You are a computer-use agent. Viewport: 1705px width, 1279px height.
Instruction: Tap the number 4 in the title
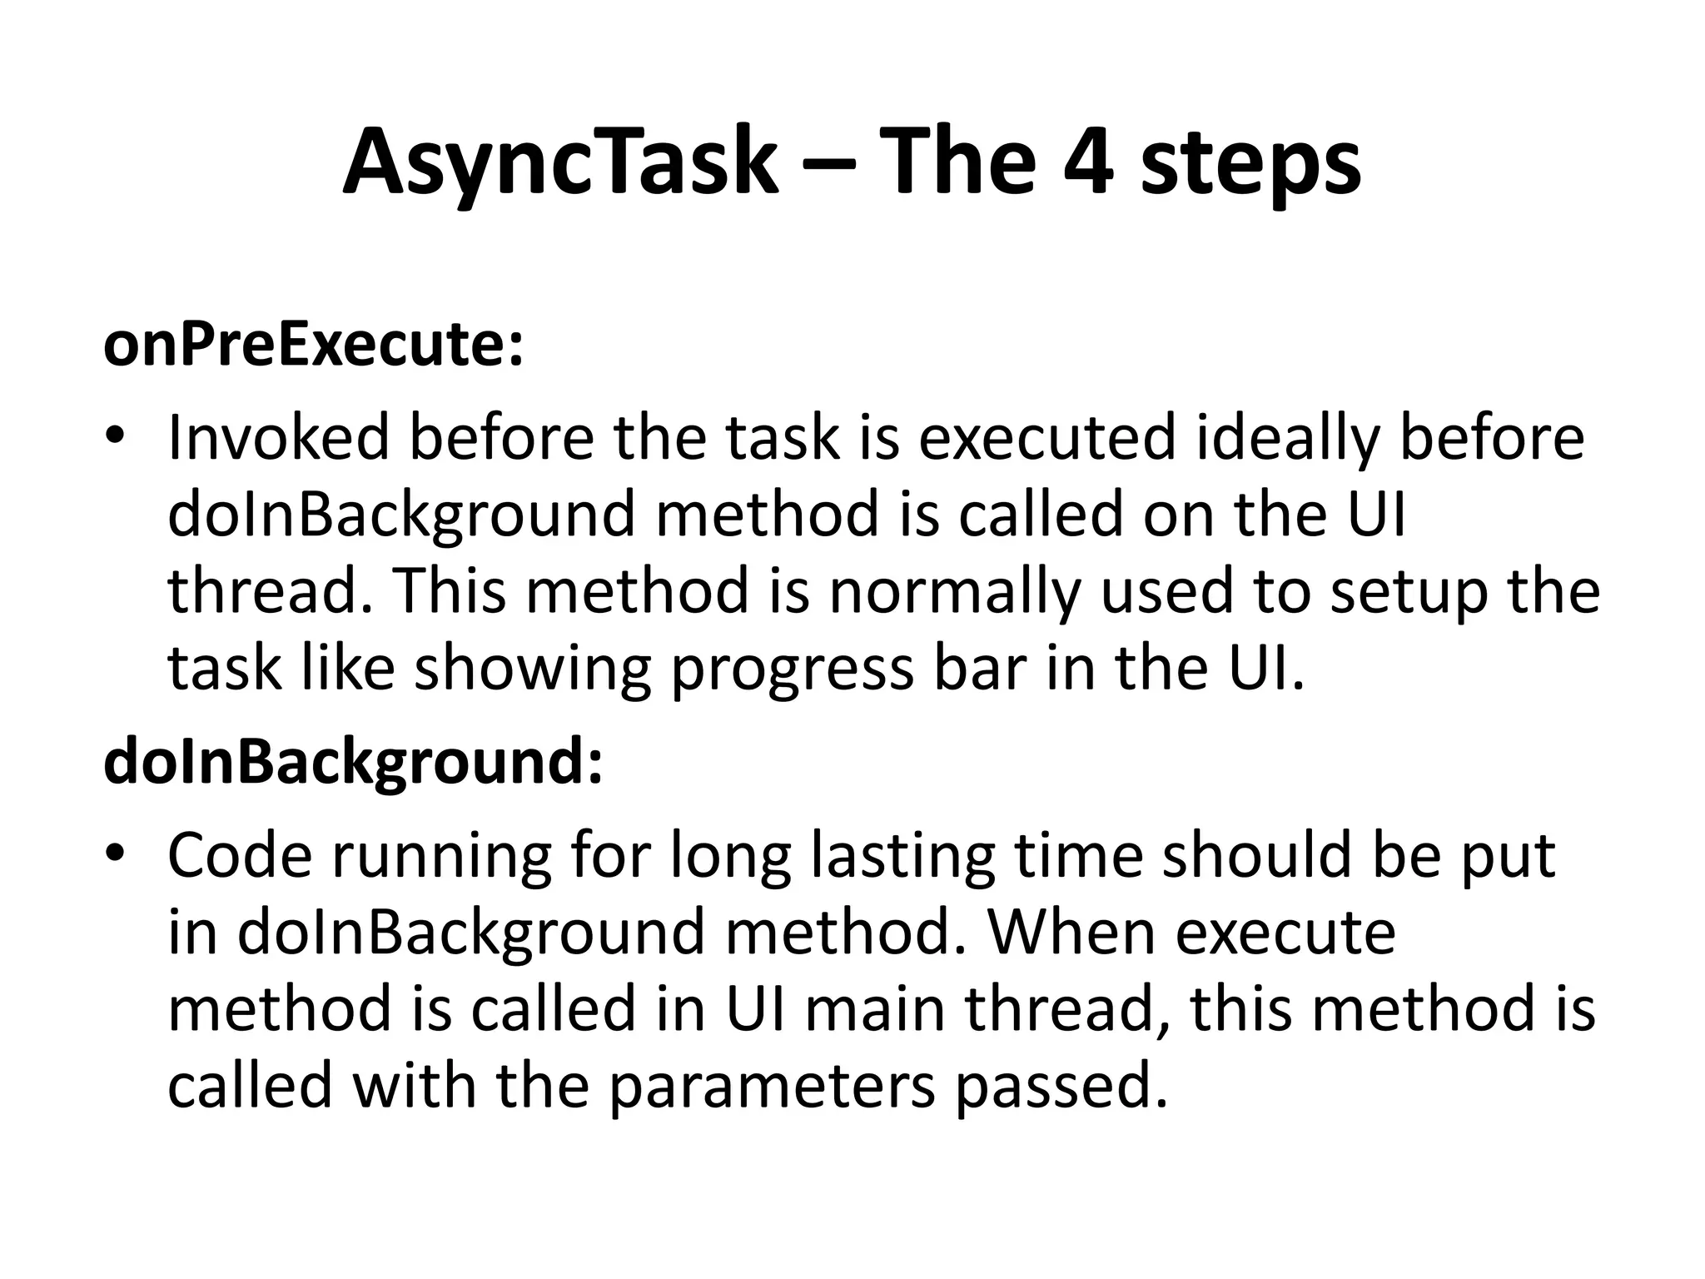pos(1088,162)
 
